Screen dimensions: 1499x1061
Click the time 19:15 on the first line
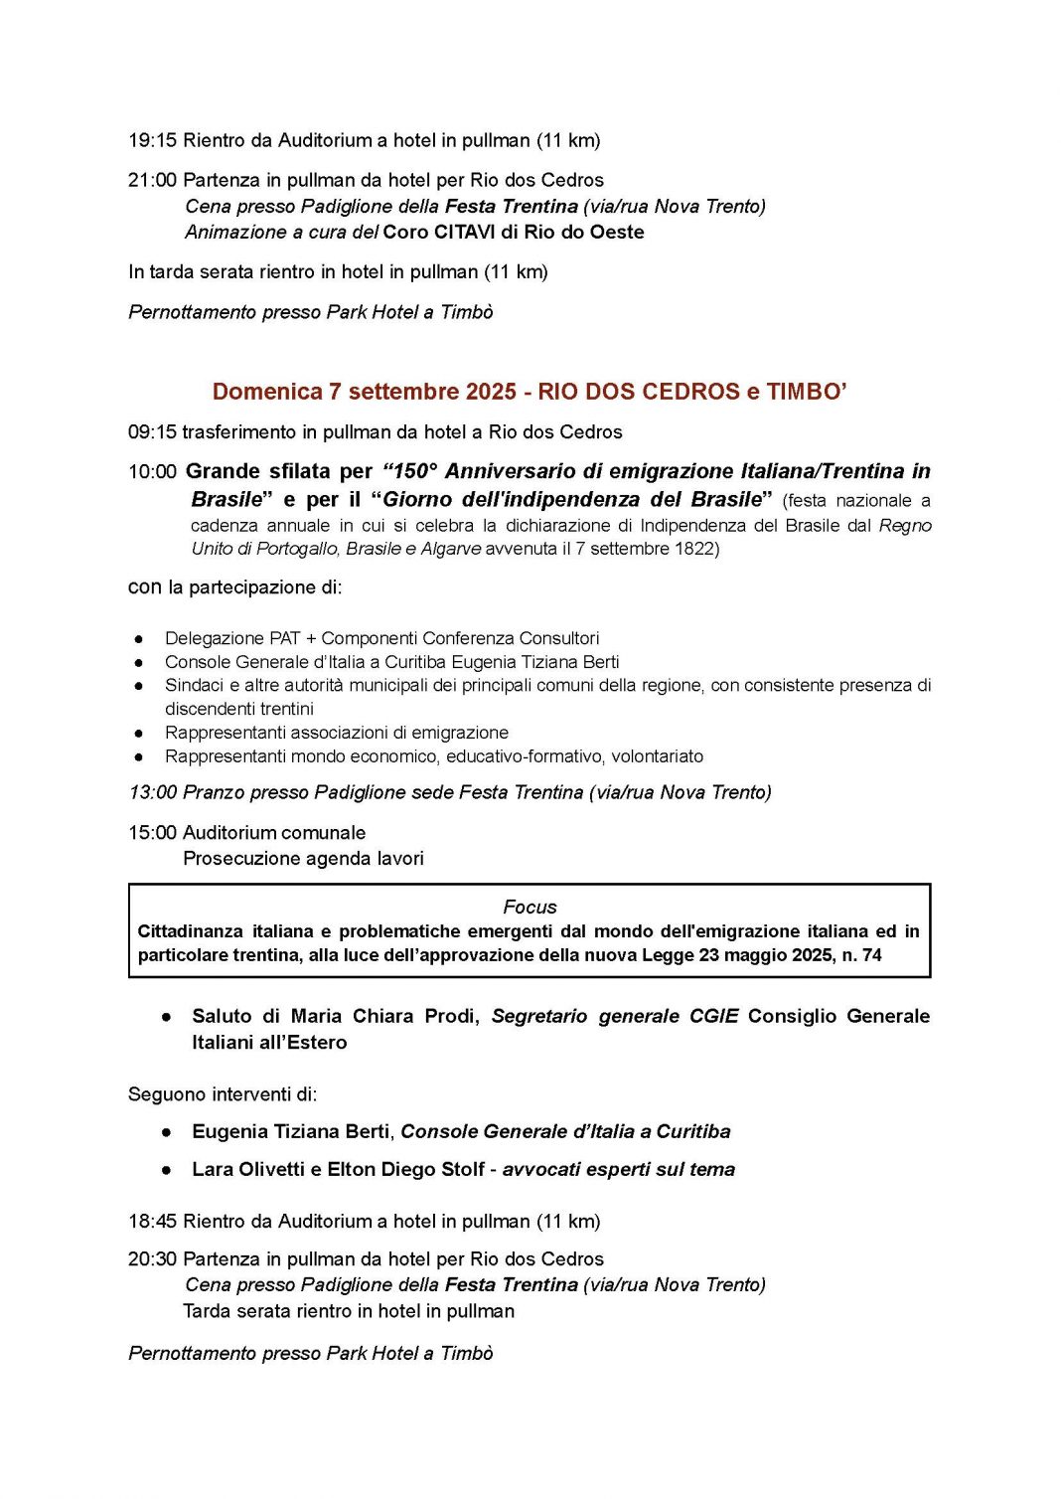point(152,140)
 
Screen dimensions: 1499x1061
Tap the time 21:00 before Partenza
point(152,180)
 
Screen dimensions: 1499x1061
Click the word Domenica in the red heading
point(267,392)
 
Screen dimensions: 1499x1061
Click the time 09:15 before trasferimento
point(152,432)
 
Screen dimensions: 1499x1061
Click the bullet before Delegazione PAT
point(139,639)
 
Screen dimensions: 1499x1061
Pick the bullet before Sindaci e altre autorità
point(139,686)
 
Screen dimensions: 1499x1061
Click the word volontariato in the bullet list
point(657,756)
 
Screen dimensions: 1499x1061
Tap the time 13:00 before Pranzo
point(152,792)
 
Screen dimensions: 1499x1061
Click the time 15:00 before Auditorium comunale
point(152,833)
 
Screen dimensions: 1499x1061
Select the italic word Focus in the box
point(530,907)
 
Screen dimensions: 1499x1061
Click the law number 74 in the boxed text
point(871,955)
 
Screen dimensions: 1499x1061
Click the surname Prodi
point(451,1016)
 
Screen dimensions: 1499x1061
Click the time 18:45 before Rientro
point(152,1222)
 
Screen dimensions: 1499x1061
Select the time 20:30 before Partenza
point(152,1259)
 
